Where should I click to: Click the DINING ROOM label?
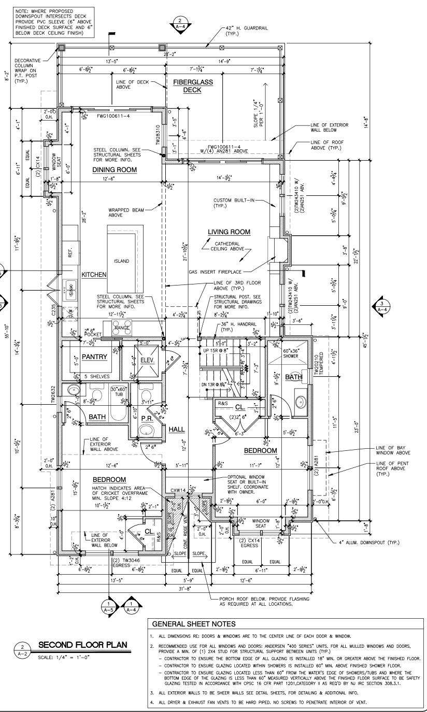115,170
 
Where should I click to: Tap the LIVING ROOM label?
229,232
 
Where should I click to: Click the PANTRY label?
94,357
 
